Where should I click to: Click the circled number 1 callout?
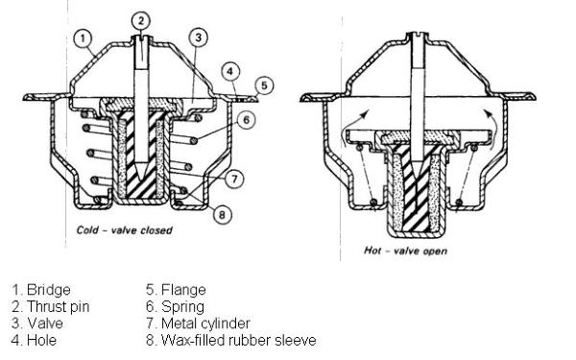click(x=83, y=38)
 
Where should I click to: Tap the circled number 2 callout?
click(x=141, y=20)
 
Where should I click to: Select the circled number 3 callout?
click(x=199, y=37)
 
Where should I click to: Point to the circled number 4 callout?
click(x=230, y=71)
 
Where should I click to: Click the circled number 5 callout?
click(x=264, y=85)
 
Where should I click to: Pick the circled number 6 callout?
click(x=246, y=119)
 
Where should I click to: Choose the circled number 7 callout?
click(x=234, y=179)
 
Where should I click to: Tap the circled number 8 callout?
click(x=223, y=214)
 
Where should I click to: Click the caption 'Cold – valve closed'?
click(x=124, y=230)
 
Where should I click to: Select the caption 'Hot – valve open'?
click(x=405, y=251)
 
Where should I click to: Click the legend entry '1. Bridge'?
click(x=41, y=290)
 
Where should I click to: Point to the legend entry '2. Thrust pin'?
click(x=51, y=307)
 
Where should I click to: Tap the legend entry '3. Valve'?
click(x=37, y=324)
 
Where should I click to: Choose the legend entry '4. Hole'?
click(x=34, y=340)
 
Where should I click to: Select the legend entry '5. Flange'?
click(x=176, y=290)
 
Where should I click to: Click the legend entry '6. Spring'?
click(x=176, y=307)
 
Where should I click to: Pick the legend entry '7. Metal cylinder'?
click(x=199, y=324)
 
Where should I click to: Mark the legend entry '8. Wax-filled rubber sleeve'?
click(x=231, y=340)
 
